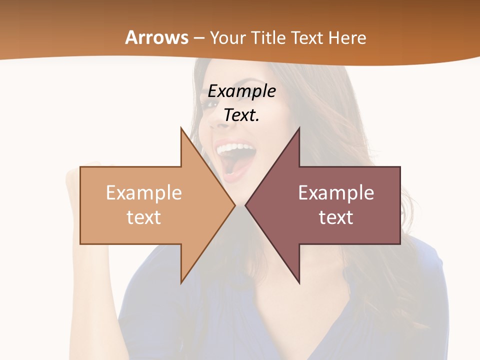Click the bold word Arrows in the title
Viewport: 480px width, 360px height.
click(x=157, y=37)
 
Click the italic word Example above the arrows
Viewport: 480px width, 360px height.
click(x=241, y=91)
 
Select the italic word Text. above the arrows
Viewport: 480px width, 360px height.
click(x=241, y=115)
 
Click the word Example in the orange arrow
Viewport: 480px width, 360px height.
click(x=144, y=192)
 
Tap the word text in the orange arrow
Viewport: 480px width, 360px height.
click(x=144, y=217)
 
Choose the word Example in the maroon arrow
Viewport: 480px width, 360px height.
click(x=336, y=192)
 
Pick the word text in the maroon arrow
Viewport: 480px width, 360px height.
click(x=336, y=217)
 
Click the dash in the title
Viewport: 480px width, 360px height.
click(x=198, y=38)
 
